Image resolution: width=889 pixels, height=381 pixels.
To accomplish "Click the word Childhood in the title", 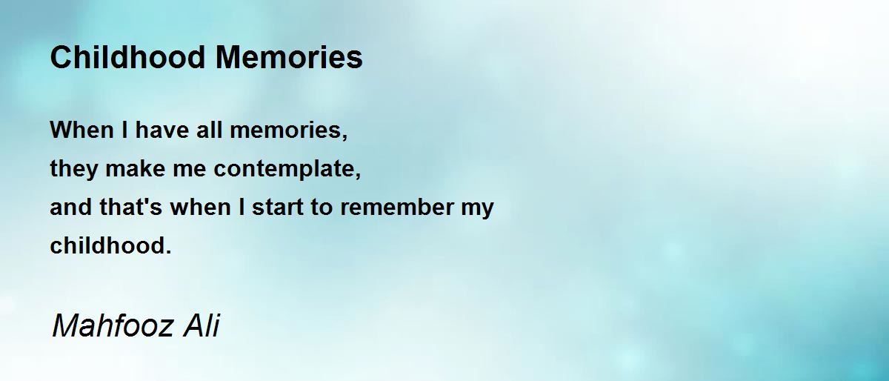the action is coord(127,57).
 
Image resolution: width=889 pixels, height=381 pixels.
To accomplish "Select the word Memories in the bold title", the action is coord(289,57).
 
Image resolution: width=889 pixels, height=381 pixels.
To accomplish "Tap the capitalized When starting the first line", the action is coord(81,130).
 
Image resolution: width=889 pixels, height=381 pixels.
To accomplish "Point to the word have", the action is coord(162,130).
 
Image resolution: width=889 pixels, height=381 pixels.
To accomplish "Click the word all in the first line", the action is coord(209,130).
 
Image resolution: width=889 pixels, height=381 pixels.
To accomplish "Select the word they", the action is coord(74,169).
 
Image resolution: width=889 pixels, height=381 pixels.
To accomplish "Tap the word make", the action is coord(136,168).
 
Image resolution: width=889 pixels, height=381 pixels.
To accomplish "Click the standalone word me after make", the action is coord(190,170).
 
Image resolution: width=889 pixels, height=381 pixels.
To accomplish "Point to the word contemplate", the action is coord(287,169).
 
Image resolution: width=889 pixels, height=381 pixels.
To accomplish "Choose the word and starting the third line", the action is coord(70,207).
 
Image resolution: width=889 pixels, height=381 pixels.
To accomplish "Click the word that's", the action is coord(131,207).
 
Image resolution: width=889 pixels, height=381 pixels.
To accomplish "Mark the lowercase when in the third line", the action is coord(201,207).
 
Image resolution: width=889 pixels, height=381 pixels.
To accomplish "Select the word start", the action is coord(278,208).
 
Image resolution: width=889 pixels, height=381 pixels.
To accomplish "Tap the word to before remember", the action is coord(322,208).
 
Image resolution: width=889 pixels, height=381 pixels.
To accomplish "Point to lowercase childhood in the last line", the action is coord(110,245).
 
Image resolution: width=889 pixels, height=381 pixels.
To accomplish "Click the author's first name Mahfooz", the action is coord(113,325).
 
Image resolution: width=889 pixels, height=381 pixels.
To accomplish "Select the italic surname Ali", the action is coord(202,325).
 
